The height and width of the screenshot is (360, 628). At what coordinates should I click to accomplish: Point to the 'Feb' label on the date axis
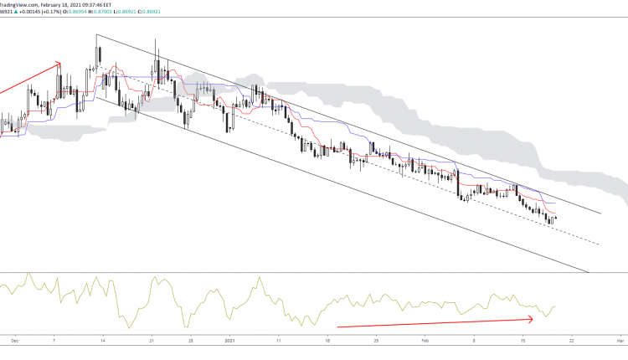point(425,341)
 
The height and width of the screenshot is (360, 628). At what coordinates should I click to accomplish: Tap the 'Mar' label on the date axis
point(620,341)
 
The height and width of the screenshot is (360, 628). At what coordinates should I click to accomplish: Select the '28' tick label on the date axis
point(191,341)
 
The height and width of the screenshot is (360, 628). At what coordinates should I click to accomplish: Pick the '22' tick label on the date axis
point(571,341)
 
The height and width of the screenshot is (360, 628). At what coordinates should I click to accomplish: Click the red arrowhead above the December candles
point(58,63)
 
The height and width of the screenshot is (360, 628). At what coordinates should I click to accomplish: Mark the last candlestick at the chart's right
point(555,219)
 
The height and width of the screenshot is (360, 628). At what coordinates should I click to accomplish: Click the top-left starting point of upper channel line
point(96,35)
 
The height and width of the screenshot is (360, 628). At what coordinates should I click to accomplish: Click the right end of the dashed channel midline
point(600,244)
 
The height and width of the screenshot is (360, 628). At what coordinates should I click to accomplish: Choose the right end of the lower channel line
point(589,272)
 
